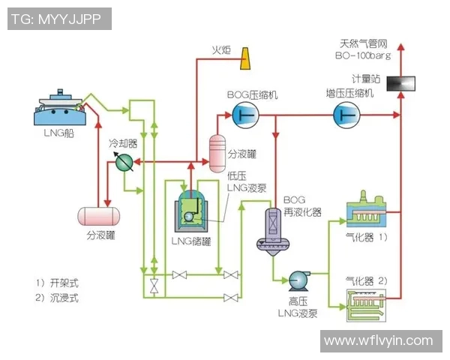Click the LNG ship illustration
click(x=59, y=108)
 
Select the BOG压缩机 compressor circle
click(x=244, y=114)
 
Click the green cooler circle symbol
click(x=124, y=161)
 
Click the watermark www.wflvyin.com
click(x=378, y=341)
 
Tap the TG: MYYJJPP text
click(x=57, y=19)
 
